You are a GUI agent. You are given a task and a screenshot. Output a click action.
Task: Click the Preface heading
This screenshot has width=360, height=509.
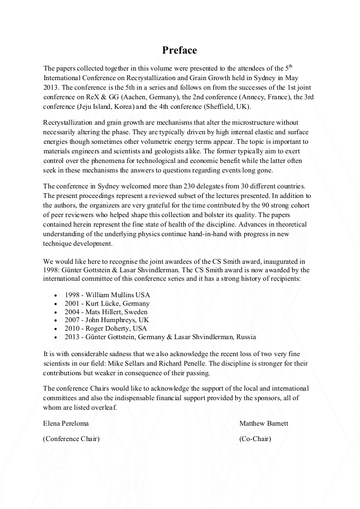click(179, 50)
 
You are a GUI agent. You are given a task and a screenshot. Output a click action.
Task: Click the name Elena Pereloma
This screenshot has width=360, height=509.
click(66, 424)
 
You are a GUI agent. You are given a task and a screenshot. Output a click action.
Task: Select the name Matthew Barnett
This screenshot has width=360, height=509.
click(264, 424)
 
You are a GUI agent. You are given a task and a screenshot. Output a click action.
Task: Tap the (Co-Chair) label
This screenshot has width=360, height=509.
click(255, 438)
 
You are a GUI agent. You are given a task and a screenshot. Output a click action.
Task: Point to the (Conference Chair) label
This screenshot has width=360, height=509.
click(71, 438)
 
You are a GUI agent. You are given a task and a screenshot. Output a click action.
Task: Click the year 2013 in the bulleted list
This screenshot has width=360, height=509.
click(73, 337)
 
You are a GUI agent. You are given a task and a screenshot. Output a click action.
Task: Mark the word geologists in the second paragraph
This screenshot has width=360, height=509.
click(150, 151)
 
